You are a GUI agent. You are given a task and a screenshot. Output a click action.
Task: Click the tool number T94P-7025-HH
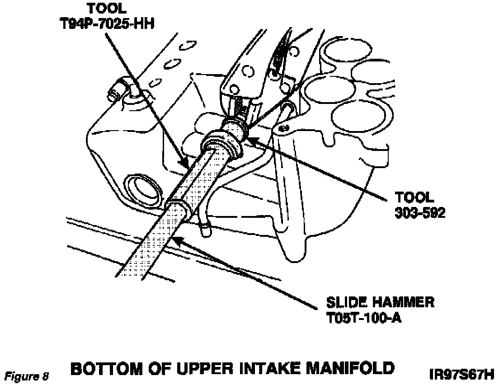coord(107,23)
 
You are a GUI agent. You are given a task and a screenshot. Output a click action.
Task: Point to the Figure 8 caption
coord(26,376)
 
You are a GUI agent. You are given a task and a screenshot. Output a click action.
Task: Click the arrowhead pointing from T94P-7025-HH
coord(185,162)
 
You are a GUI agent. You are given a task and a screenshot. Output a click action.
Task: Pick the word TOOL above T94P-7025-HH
coord(107,8)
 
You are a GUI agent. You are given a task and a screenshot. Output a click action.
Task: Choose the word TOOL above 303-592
coord(414,197)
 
